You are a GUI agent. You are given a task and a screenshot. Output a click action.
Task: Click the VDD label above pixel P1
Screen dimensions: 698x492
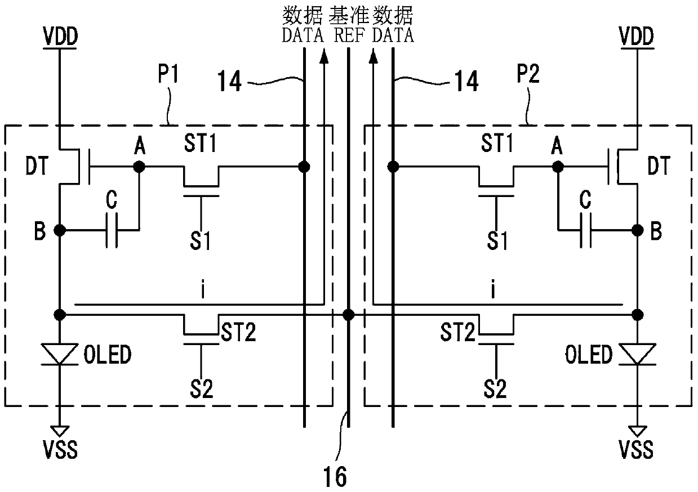60,37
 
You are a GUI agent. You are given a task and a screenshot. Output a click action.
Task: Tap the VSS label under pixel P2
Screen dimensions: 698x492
636,450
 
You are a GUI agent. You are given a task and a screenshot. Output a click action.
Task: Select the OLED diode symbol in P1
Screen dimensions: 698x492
60,354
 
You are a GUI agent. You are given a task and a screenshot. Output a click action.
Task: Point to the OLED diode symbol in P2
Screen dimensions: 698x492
637,354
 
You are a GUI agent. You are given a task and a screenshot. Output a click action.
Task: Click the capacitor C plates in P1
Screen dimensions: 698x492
112,230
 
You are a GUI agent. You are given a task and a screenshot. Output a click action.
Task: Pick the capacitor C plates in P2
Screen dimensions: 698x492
586,230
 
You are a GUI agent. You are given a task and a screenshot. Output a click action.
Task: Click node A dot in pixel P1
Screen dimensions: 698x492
139,167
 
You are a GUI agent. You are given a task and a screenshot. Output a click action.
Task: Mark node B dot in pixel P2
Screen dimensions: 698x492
637,230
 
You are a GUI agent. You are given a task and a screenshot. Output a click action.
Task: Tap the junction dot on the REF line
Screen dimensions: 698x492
348,315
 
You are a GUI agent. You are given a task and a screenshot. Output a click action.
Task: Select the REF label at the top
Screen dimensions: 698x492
349,35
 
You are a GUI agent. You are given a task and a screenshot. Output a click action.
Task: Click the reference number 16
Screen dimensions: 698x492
335,477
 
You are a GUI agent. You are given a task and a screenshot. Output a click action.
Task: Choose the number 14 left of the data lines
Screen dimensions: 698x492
230,80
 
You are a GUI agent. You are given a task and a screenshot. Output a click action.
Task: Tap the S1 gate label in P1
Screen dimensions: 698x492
200,241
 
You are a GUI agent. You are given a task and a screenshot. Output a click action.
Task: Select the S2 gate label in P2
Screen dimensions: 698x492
495,389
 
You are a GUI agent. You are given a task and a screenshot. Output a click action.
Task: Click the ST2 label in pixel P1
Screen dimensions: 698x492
238,332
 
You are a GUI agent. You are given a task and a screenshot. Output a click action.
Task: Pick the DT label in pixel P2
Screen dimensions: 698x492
659,166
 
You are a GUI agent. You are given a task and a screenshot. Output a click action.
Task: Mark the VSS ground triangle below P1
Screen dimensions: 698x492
60,431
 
